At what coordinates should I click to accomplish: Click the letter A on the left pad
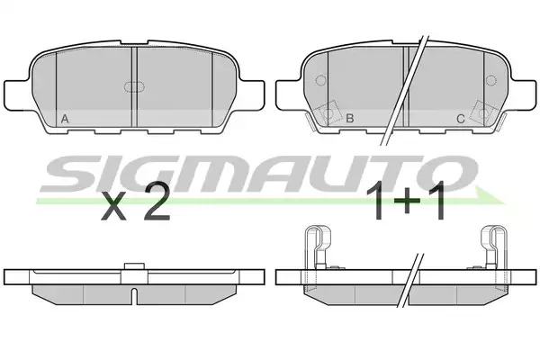[x=65, y=119]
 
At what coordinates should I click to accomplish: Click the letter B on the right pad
[x=349, y=118]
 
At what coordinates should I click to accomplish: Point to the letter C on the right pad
[x=461, y=119]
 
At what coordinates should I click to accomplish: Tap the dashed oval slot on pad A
[x=134, y=87]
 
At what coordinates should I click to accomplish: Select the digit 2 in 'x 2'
[x=157, y=201]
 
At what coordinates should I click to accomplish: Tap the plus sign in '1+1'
[x=406, y=201]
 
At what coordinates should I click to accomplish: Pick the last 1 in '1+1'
[x=437, y=202]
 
